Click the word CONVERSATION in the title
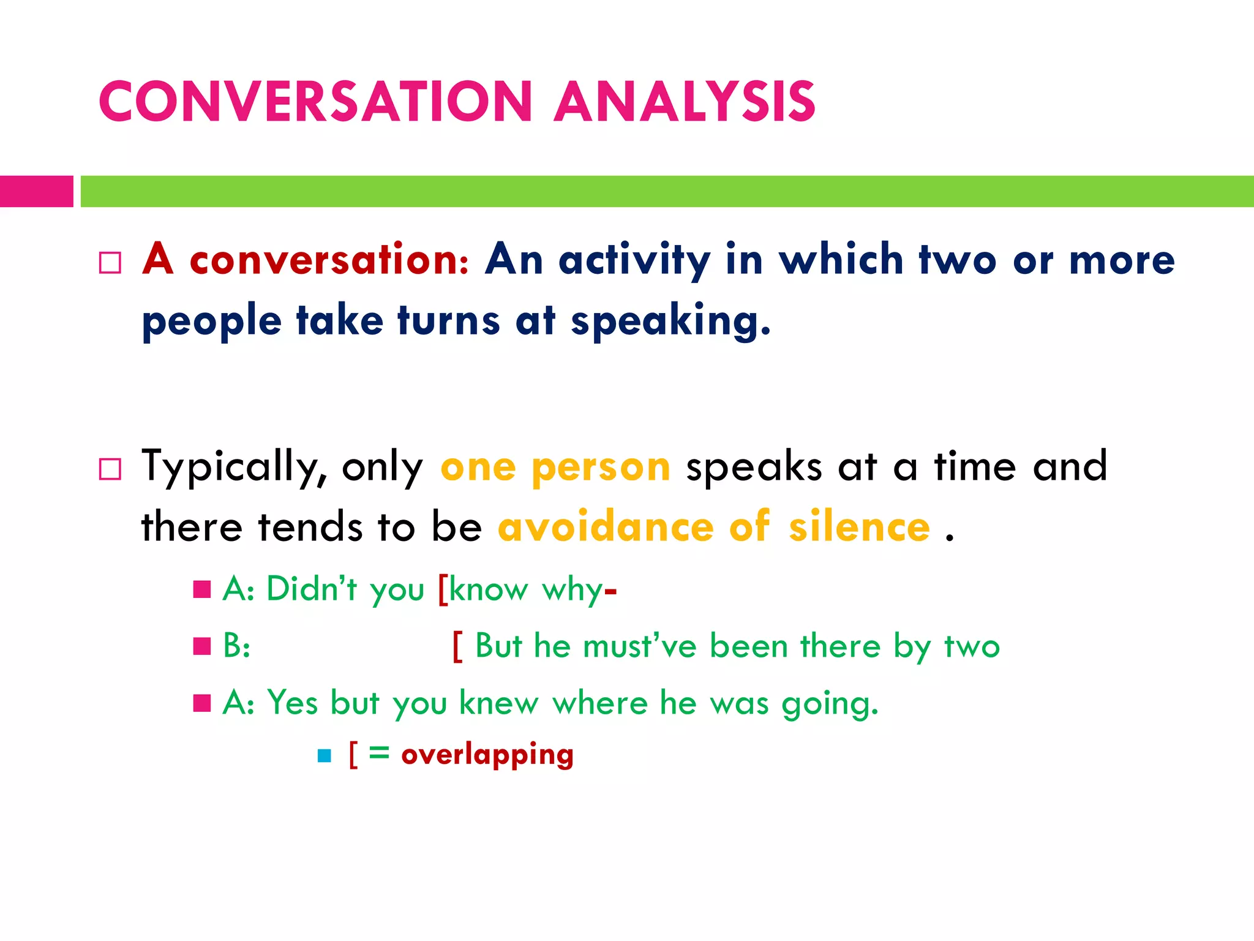click(315, 101)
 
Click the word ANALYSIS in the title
click(685, 101)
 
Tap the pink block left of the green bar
click(36, 191)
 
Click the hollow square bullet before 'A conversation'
click(110, 263)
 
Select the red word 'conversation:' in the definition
click(329, 260)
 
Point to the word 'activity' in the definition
click(634, 260)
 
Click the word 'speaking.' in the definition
click(670, 321)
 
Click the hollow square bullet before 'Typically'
click(110, 470)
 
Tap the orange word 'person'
click(601, 468)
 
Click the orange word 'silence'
click(859, 527)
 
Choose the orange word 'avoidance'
click(606, 527)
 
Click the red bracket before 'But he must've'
click(457, 646)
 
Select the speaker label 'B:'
click(236, 646)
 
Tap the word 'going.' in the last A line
click(830, 703)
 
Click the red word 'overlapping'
click(487, 754)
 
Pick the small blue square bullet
click(325, 756)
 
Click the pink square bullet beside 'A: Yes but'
click(202, 703)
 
